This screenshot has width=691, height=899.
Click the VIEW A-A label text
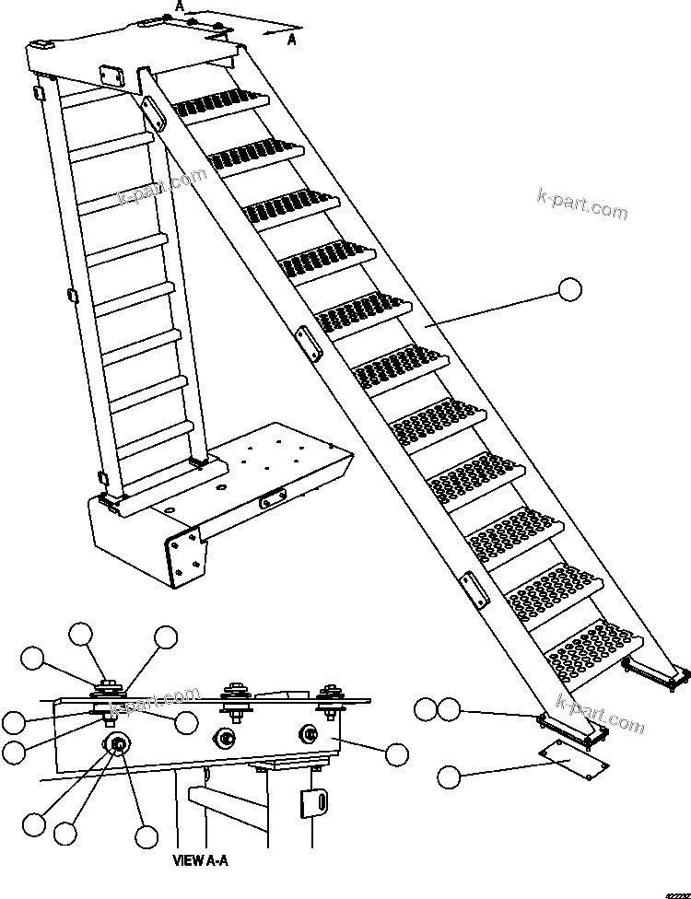(x=200, y=861)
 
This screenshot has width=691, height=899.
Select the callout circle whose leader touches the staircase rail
(x=570, y=290)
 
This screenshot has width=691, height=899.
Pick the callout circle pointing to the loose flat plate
(x=448, y=776)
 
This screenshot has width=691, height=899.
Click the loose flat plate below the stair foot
(x=571, y=756)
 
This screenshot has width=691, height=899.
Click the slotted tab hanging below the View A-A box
(x=313, y=800)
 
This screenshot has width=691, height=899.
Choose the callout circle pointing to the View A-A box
(x=397, y=754)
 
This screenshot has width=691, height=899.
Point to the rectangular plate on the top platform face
(x=110, y=75)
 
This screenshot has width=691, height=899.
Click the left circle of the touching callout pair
(x=425, y=709)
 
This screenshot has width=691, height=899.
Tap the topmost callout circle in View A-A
(x=82, y=634)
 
